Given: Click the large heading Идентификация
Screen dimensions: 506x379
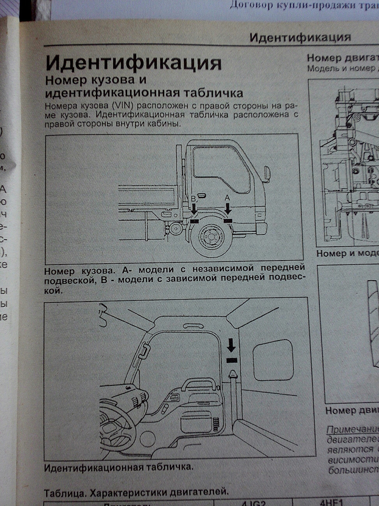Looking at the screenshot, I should pos(133,63).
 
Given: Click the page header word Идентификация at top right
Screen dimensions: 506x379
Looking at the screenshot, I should pos(300,38).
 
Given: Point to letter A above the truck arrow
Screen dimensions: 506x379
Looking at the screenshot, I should pos(227,197).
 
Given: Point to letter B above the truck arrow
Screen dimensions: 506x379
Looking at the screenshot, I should pos(193,199).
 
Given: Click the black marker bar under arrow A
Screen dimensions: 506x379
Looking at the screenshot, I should pos(228,221).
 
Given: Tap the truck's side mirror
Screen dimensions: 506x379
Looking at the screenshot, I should pos(267,173).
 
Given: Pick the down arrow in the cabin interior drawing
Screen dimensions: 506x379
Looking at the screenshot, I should pos(231,346).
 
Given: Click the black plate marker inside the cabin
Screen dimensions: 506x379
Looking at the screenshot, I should pos(232,360).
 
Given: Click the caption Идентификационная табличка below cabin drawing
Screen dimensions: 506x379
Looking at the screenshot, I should pos(118,467).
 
